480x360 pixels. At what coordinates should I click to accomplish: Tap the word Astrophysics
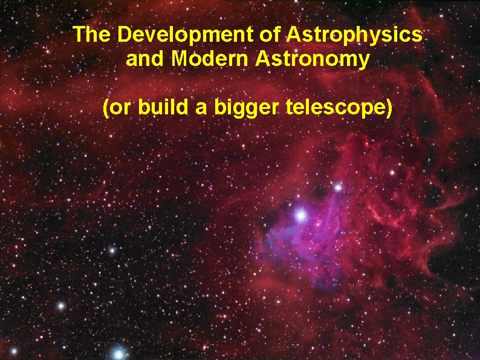pos(354,34)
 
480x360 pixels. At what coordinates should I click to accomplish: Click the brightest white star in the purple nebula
pos(300,215)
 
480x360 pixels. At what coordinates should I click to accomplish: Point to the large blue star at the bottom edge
pos(119,353)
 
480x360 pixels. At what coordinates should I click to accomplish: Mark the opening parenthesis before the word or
pos(106,109)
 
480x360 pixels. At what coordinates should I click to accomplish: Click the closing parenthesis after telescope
pos(389,109)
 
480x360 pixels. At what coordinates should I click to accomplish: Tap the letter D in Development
pos(125,34)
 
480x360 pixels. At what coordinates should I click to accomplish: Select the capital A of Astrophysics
pos(294,34)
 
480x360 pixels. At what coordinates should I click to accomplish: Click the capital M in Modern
pos(180,59)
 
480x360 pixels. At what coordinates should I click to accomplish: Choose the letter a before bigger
pos(203,109)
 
